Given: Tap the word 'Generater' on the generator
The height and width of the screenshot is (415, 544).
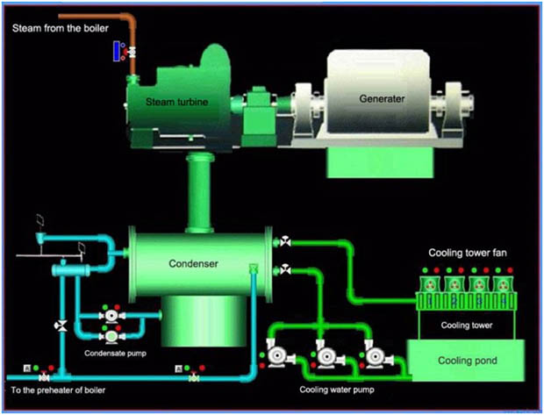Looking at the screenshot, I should coord(382,98).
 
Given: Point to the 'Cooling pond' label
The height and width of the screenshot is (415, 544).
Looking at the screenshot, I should coord(462,361).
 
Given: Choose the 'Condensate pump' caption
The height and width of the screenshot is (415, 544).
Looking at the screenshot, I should coord(114,354).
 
